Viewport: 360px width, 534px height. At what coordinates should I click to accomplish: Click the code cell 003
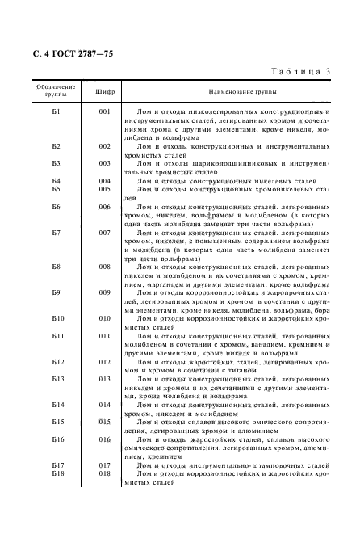click(x=104, y=164)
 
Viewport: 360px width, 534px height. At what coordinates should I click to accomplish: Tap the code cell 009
click(x=104, y=292)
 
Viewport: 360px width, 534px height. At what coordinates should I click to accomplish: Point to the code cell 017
click(x=104, y=465)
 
